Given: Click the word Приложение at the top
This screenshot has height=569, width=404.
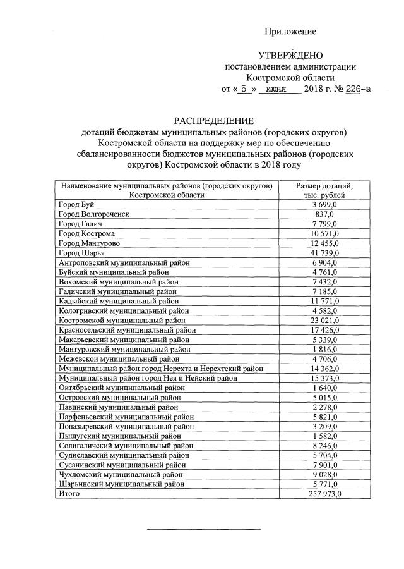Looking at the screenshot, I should pos(290,31).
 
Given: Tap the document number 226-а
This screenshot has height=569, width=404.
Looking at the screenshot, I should pos(358,89).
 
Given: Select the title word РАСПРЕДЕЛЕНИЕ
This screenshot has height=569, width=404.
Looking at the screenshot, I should pos(215,120).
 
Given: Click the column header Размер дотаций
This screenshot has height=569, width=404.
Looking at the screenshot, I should pos(324,186).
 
